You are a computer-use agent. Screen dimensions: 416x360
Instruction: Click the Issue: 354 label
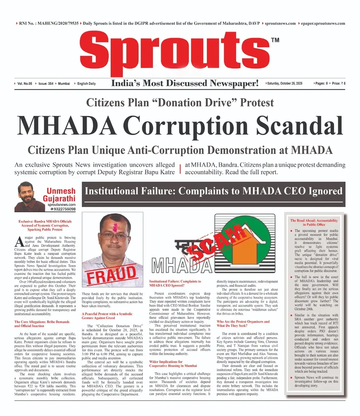pos(46,84)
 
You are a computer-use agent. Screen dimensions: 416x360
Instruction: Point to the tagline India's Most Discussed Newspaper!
pos(185,84)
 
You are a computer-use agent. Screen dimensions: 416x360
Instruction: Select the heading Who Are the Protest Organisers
pos(243,321)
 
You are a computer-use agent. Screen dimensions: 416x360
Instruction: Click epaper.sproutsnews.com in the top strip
pos(321,23)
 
